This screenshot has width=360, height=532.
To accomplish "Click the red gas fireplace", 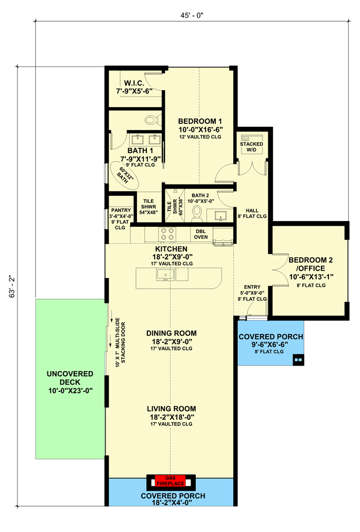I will pyautogui.click(x=170, y=481).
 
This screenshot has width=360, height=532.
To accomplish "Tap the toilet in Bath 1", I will pyautogui.click(x=151, y=120).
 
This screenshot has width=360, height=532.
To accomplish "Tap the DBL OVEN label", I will pyautogui.click(x=200, y=234).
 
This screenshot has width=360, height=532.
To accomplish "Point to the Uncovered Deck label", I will pyautogui.click(x=70, y=382).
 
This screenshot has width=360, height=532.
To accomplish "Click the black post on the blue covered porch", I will pyautogui.click(x=298, y=359).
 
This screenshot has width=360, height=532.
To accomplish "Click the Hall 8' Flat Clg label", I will pyautogui.click(x=251, y=213).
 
